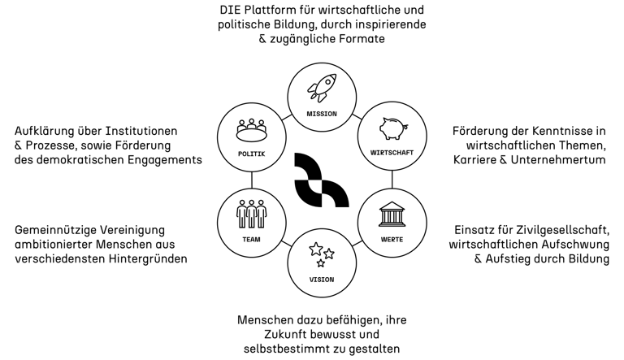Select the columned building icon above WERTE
[392, 215]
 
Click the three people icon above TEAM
[251, 214]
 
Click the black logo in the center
[321, 179]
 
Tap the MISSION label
[322, 114]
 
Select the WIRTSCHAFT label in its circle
[392, 154]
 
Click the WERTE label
[392, 240]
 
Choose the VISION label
[322, 280]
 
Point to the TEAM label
[251, 240]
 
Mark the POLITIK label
[251, 154]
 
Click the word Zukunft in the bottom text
[285, 334]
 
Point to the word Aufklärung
[45, 131]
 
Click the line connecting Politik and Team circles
[251, 178]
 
